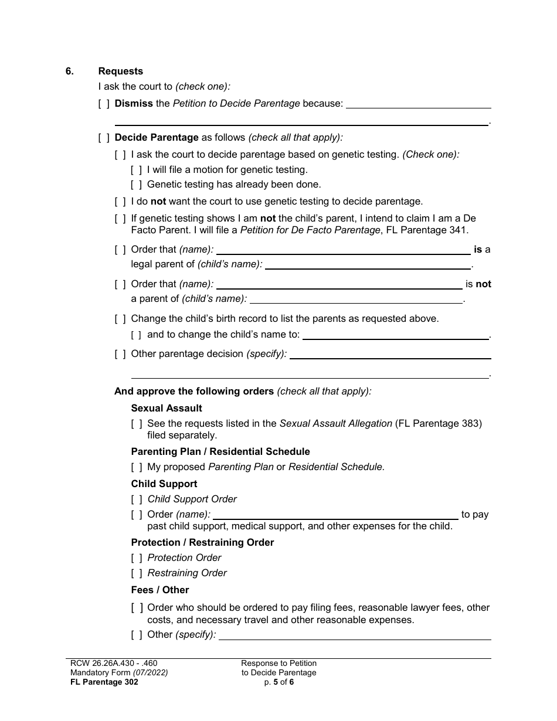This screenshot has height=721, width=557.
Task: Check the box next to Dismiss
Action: (104, 104)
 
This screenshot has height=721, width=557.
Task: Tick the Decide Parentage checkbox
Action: (104, 138)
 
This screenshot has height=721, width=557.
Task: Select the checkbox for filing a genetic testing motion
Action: (136, 170)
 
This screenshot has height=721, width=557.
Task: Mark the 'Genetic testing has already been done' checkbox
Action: (136, 185)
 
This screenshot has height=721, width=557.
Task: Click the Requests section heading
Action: (121, 72)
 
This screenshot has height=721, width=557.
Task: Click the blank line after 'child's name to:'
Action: (396, 335)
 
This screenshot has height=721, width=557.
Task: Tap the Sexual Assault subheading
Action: (167, 408)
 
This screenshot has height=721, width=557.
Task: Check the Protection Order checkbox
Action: (136, 558)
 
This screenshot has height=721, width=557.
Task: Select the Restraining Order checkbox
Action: (136, 573)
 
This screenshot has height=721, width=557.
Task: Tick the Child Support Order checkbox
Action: (136, 499)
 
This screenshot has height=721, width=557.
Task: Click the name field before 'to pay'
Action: (335, 515)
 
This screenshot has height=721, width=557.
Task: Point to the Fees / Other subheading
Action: (160, 590)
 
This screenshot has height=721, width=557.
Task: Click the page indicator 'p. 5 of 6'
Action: (278, 682)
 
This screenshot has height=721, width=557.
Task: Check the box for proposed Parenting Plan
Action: (136, 467)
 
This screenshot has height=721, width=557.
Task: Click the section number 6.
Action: (70, 72)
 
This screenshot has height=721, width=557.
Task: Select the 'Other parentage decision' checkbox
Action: (120, 354)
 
